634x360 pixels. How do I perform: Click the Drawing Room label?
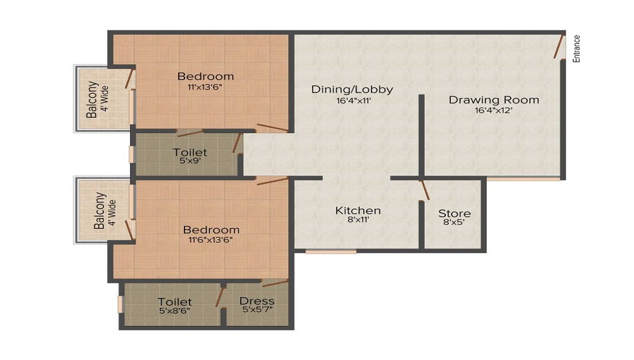pos(494,100)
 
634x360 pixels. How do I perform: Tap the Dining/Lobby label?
pos(352,89)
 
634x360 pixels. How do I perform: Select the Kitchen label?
pos(358,210)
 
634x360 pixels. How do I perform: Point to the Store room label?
pos(455,214)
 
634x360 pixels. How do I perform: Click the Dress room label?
pos(257,301)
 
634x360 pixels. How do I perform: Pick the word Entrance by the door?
pos(576,48)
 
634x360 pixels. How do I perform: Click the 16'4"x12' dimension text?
pos(493,110)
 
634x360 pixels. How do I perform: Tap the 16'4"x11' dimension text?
pos(352,100)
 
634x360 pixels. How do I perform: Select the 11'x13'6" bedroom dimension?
pos(205,87)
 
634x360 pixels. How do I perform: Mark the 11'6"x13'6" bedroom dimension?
pos(211,240)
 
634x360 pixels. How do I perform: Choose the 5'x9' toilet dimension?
pos(190,162)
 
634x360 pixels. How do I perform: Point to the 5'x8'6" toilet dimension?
pos(174,311)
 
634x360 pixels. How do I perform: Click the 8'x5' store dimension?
pos(455,224)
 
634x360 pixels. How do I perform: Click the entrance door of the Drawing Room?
pos(559,48)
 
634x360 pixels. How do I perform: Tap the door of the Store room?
pos(425,190)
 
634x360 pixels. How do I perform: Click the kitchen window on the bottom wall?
pos(331,252)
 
